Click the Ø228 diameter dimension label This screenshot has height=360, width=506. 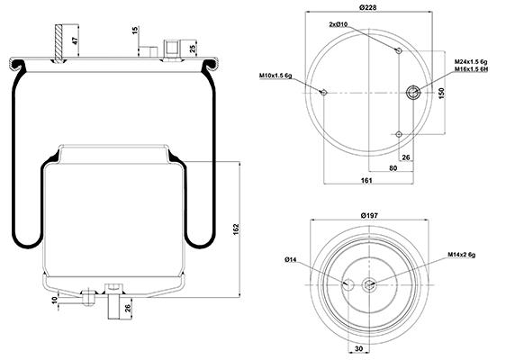pyautogui.click(x=367, y=7)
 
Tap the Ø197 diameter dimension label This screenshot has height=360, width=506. pyautogui.click(x=369, y=215)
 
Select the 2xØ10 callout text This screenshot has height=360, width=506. pyautogui.click(x=338, y=24)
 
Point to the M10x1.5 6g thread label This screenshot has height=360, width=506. pyautogui.click(x=276, y=76)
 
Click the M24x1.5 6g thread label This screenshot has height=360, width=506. pyautogui.click(x=471, y=61)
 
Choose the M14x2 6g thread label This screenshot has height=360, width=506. pyautogui.click(x=462, y=255)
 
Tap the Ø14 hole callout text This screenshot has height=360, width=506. pyautogui.click(x=291, y=259)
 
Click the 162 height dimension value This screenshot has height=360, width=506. pyautogui.click(x=236, y=229)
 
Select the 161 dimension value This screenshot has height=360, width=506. pyautogui.click(x=366, y=180)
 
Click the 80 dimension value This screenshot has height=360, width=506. pyautogui.click(x=393, y=168)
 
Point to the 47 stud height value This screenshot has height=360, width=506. pyautogui.click(x=75, y=40)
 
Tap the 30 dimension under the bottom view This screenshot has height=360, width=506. pyautogui.click(x=358, y=348)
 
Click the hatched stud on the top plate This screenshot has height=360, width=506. pyautogui.click(x=59, y=43)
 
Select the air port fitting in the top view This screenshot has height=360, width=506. pyautogui.click(x=413, y=93)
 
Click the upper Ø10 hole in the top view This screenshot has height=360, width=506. pyautogui.click(x=399, y=50)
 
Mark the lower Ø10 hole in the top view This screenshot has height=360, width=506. pyautogui.click(x=399, y=134)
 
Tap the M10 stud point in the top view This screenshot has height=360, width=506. pyautogui.click(x=323, y=93)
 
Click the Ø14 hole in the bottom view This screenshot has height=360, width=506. pyautogui.click(x=348, y=284)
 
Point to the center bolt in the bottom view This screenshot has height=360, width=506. pyautogui.click(x=368, y=284)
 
